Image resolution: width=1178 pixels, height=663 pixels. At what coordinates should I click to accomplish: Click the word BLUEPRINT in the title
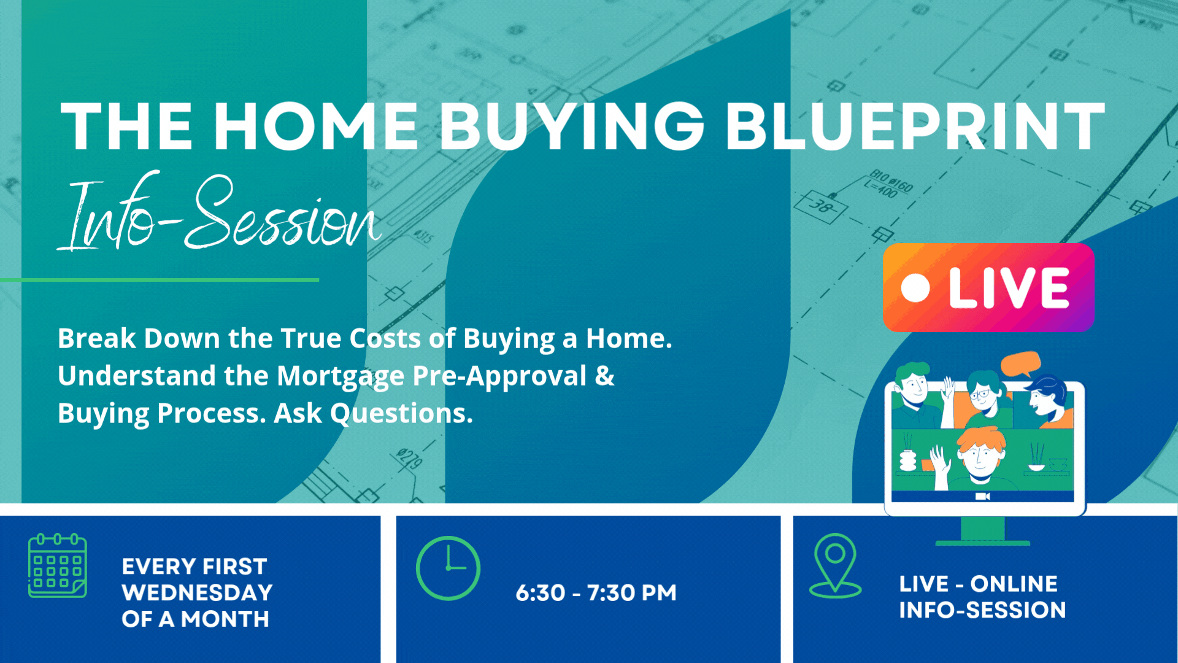click(x=915, y=126)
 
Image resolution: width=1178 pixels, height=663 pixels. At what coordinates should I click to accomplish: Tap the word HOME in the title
click(x=316, y=126)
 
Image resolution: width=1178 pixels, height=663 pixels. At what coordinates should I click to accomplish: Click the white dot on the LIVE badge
click(x=915, y=287)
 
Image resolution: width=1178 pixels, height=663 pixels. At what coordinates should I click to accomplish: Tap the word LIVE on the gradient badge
click(x=1009, y=287)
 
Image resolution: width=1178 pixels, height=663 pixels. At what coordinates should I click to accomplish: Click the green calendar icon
click(x=58, y=565)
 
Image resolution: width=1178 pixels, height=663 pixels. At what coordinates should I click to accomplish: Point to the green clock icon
click(x=448, y=568)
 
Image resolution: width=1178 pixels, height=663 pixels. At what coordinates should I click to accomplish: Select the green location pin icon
click(x=835, y=565)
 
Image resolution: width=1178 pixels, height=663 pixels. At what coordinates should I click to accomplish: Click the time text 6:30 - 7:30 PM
click(x=596, y=593)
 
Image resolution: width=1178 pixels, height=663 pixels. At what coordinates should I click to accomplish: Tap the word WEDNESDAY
click(x=197, y=592)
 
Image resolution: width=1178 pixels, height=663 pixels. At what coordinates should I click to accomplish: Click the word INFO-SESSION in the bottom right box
click(x=982, y=610)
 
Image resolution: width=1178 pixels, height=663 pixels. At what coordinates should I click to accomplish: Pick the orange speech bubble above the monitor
click(x=1020, y=364)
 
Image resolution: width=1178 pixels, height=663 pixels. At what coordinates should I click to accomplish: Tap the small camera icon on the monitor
click(x=982, y=496)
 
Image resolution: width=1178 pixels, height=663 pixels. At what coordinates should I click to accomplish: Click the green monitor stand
click(x=982, y=531)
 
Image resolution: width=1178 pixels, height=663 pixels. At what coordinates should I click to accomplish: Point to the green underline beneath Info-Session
click(x=160, y=280)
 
